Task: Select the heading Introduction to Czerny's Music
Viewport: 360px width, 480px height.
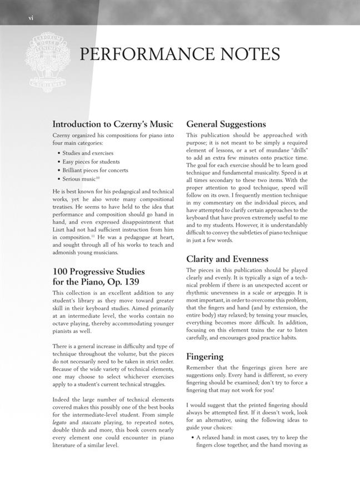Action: click(x=113, y=124)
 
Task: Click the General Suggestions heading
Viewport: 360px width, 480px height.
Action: click(x=226, y=124)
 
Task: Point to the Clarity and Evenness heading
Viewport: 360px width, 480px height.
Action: click(x=227, y=259)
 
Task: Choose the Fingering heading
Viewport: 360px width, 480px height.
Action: click(x=205, y=356)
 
